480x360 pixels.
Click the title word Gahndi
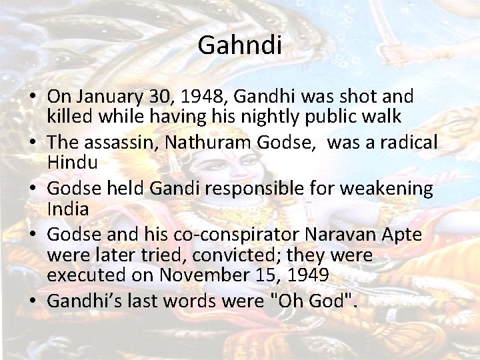[240, 46]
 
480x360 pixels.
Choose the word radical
[404, 143]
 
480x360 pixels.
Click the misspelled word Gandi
[176, 189]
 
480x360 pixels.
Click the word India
[67, 208]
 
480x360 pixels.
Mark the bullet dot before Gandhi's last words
[32, 301]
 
